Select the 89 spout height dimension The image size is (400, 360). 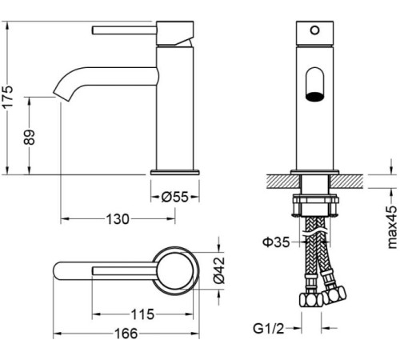pyautogui.click(x=30, y=134)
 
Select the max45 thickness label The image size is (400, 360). pyautogui.click(x=391, y=227)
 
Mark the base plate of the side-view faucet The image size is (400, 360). pyautogui.click(x=175, y=170)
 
